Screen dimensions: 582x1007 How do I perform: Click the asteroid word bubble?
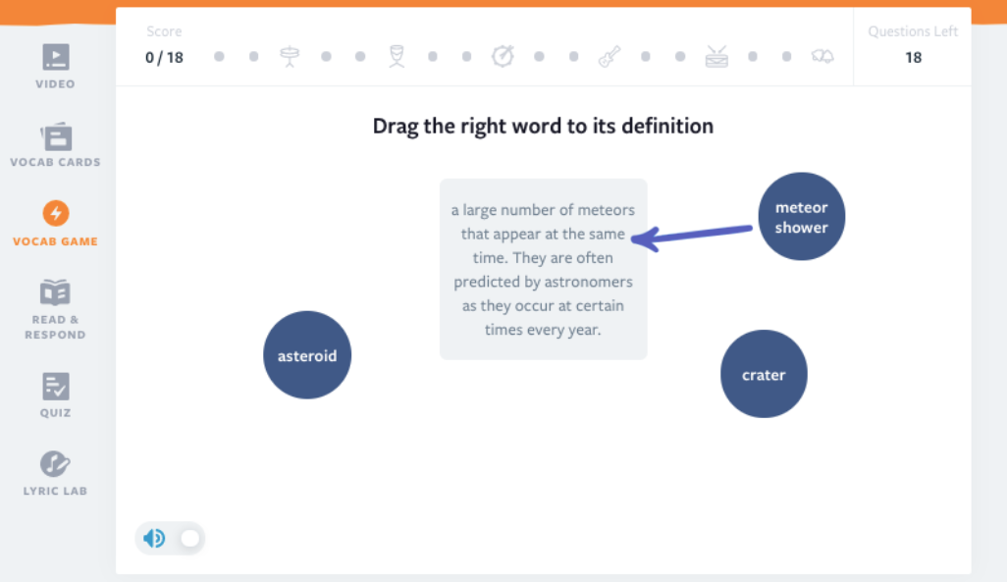[307, 355]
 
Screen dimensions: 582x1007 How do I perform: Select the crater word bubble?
[764, 374]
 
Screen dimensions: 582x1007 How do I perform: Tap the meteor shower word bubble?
[802, 217]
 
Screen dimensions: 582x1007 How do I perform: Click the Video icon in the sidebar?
[56, 57]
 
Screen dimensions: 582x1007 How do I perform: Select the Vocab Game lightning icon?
[56, 213]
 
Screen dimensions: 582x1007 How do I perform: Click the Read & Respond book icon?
[55, 292]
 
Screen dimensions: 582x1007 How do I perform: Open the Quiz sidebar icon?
[56, 386]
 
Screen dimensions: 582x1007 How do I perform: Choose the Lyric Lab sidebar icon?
[55, 463]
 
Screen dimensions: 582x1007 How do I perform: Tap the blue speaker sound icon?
[154, 538]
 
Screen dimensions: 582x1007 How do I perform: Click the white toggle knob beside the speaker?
[190, 538]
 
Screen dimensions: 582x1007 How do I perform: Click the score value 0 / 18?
[164, 57]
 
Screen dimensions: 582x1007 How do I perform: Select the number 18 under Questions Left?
[913, 57]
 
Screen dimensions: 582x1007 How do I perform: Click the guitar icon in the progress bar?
[609, 57]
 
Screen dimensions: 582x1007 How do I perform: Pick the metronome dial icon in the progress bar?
[503, 57]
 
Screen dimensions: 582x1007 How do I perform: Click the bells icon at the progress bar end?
[822, 57]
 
